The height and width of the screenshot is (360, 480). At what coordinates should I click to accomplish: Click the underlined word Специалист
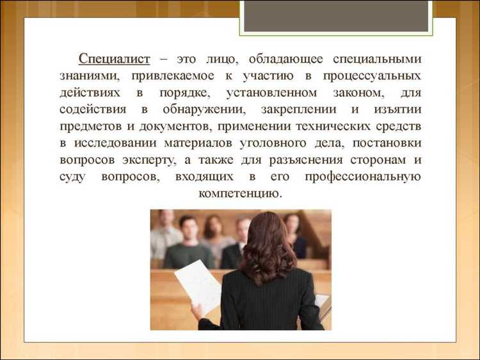(115, 59)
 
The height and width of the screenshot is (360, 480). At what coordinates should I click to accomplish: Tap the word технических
(340, 126)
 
